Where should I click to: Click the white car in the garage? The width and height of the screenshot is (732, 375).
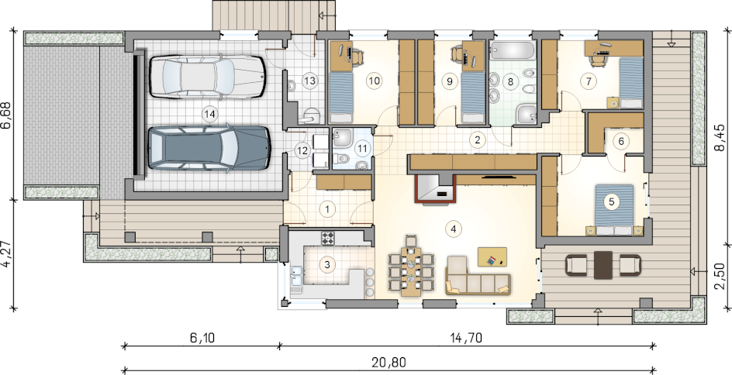(x=207, y=77)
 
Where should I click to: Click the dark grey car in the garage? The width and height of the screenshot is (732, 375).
(x=209, y=148)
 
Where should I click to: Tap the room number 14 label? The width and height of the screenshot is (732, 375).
(x=209, y=113)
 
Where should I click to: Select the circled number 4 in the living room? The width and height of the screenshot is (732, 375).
(x=453, y=229)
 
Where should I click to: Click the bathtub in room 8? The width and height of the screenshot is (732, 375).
(x=513, y=50)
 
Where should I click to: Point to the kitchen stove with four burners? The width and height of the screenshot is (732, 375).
(x=328, y=238)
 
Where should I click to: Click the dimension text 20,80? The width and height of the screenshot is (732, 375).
(x=389, y=362)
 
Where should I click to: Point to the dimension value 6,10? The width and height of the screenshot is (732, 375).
(x=202, y=337)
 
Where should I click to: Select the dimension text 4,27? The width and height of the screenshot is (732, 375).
(x=7, y=253)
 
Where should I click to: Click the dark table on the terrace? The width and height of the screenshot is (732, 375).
(x=603, y=265)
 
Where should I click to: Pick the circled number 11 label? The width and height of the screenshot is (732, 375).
(x=363, y=149)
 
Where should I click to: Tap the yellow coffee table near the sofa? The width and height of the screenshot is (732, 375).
(x=492, y=257)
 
